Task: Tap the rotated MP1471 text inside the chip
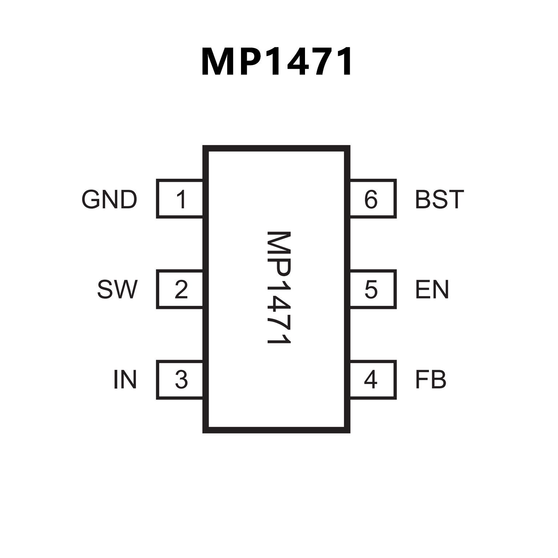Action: (x=279, y=288)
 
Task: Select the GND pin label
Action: (x=109, y=199)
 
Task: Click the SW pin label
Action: (x=117, y=289)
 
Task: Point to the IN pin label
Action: (x=125, y=380)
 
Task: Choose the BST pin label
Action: (x=439, y=199)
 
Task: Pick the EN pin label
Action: (x=432, y=289)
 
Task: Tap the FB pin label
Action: (x=430, y=380)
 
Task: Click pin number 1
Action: (x=181, y=199)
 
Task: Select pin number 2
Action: (x=181, y=289)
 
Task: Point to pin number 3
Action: (x=181, y=380)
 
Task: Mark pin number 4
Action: (x=370, y=380)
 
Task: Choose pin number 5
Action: (x=371, y=289)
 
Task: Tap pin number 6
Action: (x=371, y=199)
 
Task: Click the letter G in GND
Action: (x=91, y=199)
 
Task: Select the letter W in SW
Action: (x=125, y=289)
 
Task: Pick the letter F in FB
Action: (x=422, y=380)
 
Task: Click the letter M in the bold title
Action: (x=218, y=62)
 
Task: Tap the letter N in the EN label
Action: (x=440, y=289)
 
